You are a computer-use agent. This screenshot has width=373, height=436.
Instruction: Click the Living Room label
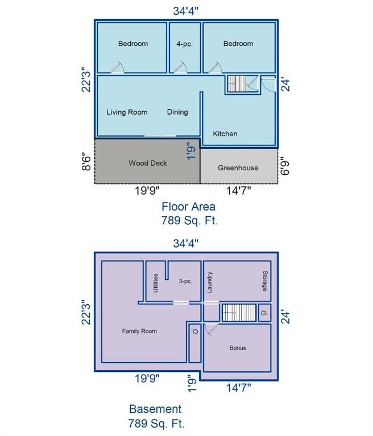point(127,112)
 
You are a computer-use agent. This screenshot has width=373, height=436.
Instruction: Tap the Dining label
point(177,112)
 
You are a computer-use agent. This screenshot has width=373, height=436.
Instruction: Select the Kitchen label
point(225,134)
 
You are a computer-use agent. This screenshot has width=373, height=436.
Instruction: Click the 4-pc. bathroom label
point(184,44)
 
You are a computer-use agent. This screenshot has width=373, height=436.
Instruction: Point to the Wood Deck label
point(148,163)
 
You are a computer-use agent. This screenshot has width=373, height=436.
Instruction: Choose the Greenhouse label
point(238,168)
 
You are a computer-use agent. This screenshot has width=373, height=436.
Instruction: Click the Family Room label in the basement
point(139,331)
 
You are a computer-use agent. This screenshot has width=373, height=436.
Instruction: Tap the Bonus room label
point(238,348)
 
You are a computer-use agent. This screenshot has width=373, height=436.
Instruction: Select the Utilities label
point(155,282)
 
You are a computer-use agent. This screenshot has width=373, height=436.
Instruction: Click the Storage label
point(265,280)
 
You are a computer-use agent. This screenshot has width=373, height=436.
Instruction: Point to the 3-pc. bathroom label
point(185,280)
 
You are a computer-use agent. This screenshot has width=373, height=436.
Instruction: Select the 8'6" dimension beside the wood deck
point(86,161)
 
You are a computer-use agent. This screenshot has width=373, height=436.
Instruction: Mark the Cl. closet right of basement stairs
point(264,313)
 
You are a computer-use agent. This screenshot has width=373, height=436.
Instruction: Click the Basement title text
point(155,409)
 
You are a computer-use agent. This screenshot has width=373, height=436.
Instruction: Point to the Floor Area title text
point(188,207)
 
